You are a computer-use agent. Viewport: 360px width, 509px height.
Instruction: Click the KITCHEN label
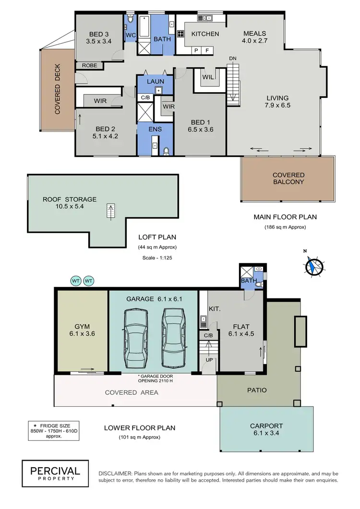pos(205,34)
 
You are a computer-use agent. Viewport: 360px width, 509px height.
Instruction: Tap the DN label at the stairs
pos(233,58)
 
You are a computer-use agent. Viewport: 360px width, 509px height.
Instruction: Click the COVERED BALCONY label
pos(288,178)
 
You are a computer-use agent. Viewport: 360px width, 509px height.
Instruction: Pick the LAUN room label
pos(155,82)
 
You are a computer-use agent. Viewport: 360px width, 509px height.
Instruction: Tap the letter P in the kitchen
pos(196,50)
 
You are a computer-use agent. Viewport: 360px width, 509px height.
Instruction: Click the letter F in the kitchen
pos(208,50)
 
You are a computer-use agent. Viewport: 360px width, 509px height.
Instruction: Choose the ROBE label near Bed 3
pos(89,65)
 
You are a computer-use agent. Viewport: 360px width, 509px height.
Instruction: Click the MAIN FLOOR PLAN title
pos(285,217)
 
